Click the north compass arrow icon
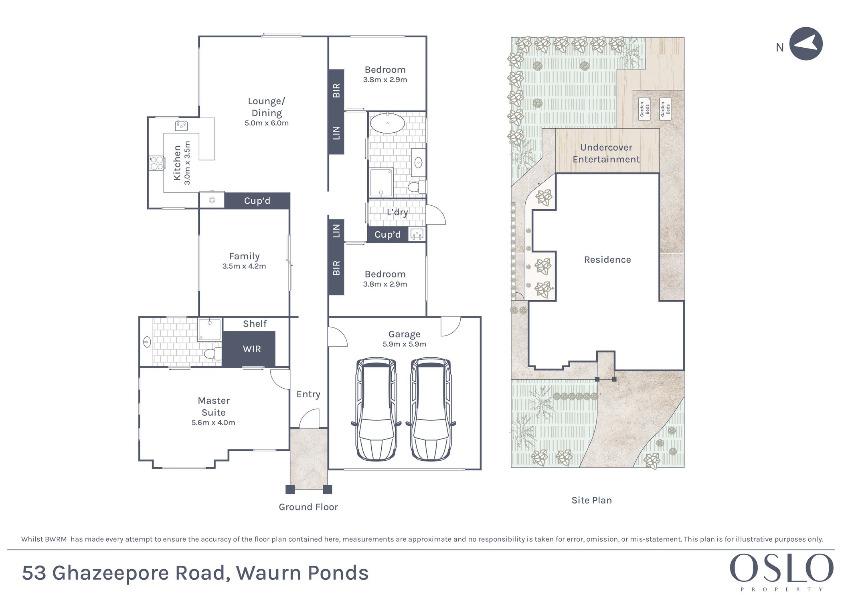click(806, 44)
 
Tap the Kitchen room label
click(177, 163)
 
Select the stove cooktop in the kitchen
click(157, 163)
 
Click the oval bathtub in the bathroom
click(387, 123)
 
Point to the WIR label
click(252, 349)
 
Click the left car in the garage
click(376, 409)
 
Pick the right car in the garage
click(431, 409)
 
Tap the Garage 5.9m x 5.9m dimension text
click(404, 344)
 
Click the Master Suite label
click(214, 406)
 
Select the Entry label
click(308, 395)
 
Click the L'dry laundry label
click(397, 212)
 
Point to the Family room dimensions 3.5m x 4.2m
click(244, 266)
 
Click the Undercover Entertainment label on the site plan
click(606, 153)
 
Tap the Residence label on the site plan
click(607, 260)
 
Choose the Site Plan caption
click(592, 500)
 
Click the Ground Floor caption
click(308, 507)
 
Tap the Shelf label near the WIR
click(255, 324)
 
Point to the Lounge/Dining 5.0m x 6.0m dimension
click(267, 123)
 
